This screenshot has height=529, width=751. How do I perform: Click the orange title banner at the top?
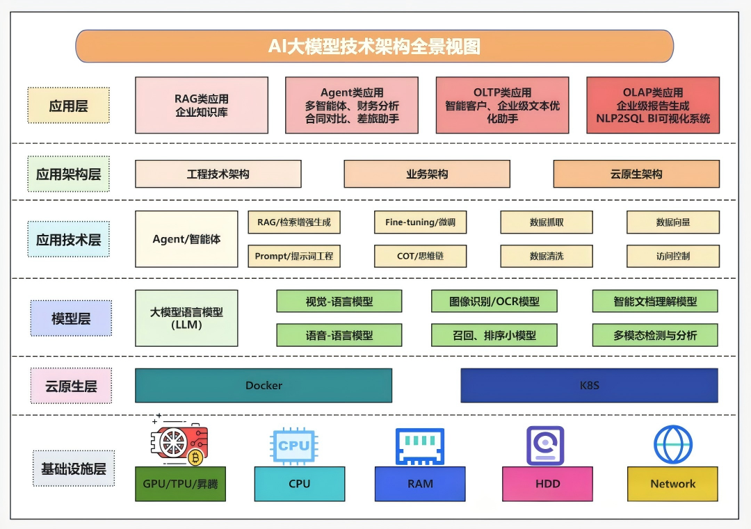[374, 46]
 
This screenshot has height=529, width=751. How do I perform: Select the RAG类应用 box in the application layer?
[202, 105]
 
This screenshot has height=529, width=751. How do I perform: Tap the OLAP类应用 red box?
[653, 105]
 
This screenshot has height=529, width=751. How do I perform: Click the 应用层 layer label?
[69, 106]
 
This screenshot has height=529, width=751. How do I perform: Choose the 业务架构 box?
[427, 174]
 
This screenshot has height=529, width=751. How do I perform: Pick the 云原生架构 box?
[636, 174]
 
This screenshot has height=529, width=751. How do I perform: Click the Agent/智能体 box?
[186, 239]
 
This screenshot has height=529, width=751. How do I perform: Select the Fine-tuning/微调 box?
[420, 222]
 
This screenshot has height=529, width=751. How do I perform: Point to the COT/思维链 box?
[420, 256]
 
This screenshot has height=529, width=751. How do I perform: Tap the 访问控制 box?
[673, 256]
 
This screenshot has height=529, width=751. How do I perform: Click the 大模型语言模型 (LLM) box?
[186, 318]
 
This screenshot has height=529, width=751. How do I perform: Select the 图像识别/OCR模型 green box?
[494, 301]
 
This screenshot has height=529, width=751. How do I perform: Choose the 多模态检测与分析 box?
[655, 335]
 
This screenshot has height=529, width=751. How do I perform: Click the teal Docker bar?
[264, 385]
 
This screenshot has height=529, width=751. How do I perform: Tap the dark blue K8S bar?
[589, 385]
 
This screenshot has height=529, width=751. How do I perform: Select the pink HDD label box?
[548, 484]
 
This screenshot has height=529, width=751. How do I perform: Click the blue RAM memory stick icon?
[420, 446]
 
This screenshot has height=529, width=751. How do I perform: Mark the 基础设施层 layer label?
[73, 469]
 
